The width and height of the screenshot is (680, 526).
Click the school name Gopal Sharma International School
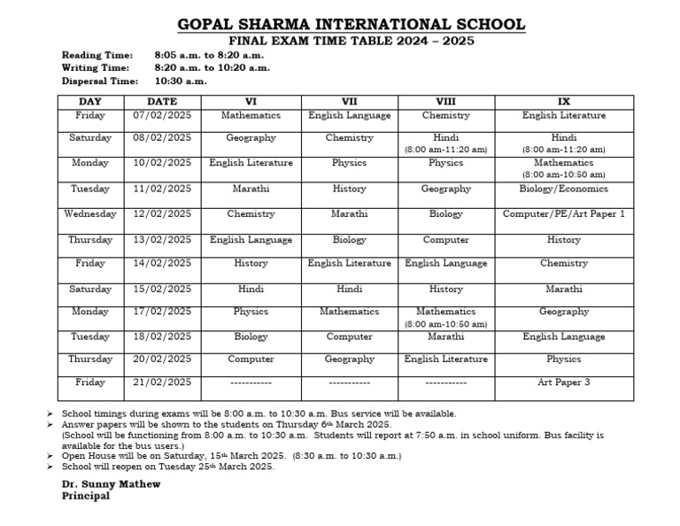[352, 25]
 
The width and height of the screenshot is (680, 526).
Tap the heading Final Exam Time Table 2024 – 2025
[352, 41]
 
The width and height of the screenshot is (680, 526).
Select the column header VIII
[445, 102]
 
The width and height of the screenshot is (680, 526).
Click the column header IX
[564, 102]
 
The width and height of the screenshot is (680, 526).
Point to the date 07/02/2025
[162, 115]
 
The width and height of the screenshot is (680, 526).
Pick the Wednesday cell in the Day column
[90, 214]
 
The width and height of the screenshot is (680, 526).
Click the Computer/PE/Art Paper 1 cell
[564, 214]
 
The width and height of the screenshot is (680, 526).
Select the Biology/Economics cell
[564, 189]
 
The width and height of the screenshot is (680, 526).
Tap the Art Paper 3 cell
[564, 383]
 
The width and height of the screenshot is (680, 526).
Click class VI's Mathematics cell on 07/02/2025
[251, 115]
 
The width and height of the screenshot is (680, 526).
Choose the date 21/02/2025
[162, 383]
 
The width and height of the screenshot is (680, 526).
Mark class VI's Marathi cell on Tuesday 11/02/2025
[251, 189]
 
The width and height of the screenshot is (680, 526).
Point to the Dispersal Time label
[97, 81]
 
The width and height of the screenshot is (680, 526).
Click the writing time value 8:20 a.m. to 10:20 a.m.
[212, 67]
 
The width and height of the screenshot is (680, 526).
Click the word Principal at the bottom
[86, 496]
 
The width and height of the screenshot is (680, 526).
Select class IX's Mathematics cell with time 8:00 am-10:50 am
[564, 168]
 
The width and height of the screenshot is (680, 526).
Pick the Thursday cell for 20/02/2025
[90, 360]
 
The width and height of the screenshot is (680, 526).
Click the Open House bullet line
[230, 456]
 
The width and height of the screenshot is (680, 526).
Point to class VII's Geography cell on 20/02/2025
[350, 360]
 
